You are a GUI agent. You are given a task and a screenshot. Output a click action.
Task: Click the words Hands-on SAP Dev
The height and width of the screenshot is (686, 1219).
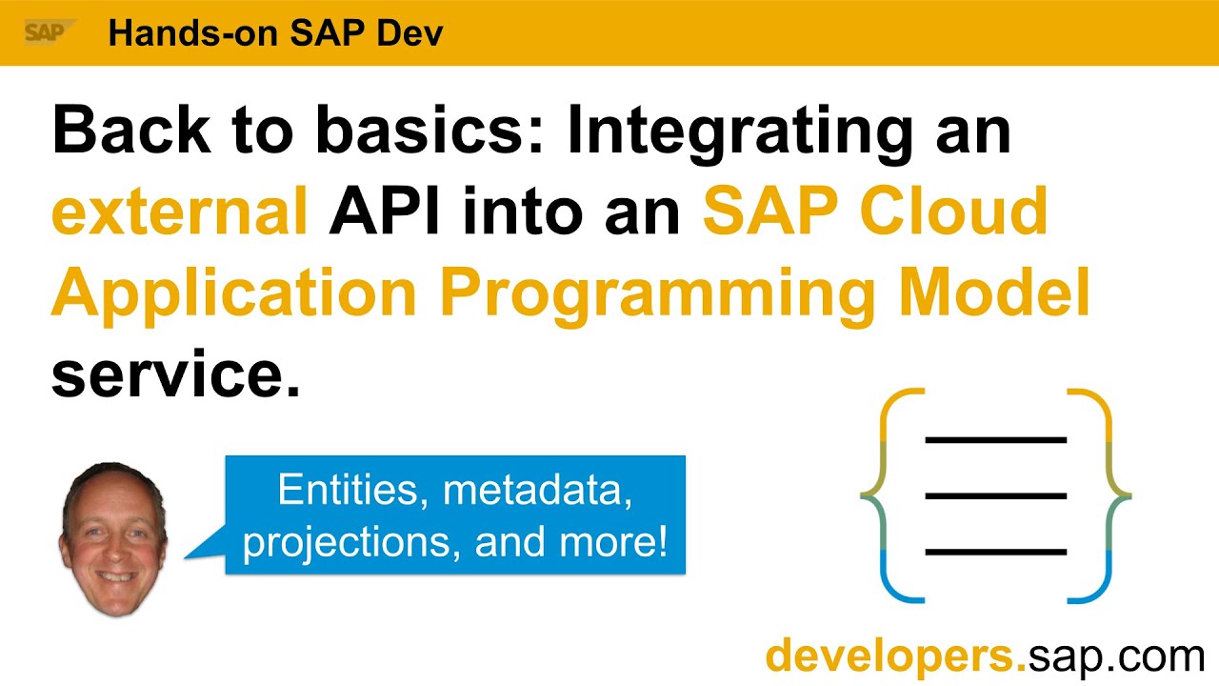click(275, 33)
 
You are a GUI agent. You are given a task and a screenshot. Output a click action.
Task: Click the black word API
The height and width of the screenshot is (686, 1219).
click(386, 212)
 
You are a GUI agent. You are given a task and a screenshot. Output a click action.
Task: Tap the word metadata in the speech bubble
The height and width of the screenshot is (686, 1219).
click(538, 491)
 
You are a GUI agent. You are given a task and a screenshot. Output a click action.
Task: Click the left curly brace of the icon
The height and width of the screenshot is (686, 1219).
click(891, 495)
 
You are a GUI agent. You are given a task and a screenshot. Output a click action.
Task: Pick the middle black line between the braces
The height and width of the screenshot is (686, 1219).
click(995, 495)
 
